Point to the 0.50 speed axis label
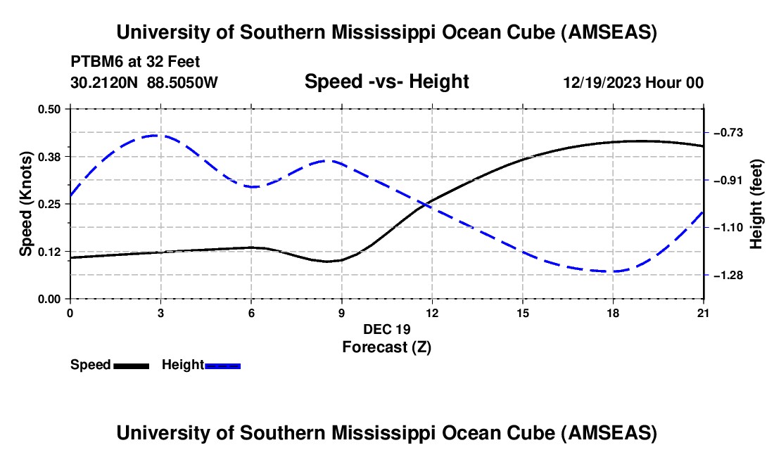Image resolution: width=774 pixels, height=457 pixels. coord(49,109)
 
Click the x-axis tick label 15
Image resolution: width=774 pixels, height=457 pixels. coord(522,312)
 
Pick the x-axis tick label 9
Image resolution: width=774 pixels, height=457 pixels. coord(341,312)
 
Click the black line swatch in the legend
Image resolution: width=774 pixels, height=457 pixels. coord(131,366)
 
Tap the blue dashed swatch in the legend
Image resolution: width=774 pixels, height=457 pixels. coord(223,366)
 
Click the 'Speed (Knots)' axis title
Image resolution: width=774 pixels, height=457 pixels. coord(26,204)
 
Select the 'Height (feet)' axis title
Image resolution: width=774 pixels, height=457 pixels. coord(757,204)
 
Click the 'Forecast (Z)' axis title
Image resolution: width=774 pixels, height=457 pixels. coord(386,347)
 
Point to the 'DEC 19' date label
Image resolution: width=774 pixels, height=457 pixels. coord(386,329)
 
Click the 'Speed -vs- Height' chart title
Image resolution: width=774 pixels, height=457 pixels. coord(386,82)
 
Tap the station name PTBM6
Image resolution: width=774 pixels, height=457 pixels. coord(94,61)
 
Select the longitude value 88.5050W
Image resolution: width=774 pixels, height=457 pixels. coord(182,82)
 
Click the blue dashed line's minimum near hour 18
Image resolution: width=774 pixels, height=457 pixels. coord(611,271)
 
